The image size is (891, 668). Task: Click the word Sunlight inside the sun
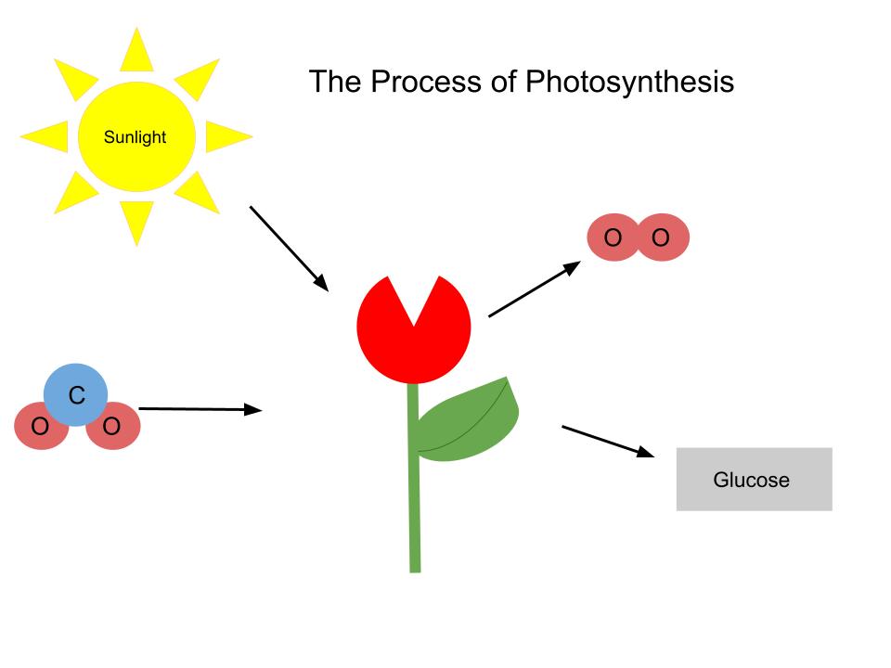tap(136, 137)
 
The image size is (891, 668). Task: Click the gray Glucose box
tap(754, 480)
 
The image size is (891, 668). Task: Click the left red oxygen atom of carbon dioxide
tap(40, 428)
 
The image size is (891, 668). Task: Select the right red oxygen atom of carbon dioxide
tap(112, 428)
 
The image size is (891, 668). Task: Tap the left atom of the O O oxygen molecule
tap(613, 238)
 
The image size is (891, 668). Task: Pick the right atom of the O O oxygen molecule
tap(661, 238)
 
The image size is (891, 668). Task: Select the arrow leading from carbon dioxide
tap(200, 408)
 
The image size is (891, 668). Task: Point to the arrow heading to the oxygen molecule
tap(534, 289)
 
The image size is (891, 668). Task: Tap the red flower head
tap(414, 329)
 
